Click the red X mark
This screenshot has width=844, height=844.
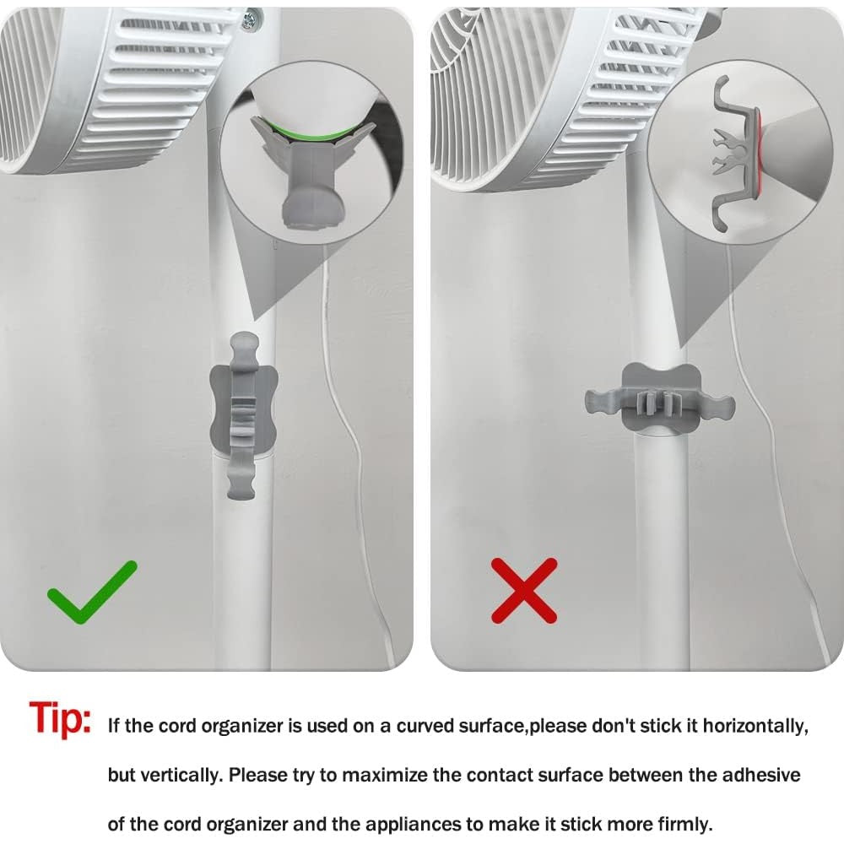[x=524, y=591]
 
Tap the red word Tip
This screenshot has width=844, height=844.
[x=60, y=719]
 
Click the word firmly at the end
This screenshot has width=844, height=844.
[x=684, y=824]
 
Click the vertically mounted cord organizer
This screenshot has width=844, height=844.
[x=243, y=415]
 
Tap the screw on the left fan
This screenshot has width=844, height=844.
[x=249, y=20]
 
